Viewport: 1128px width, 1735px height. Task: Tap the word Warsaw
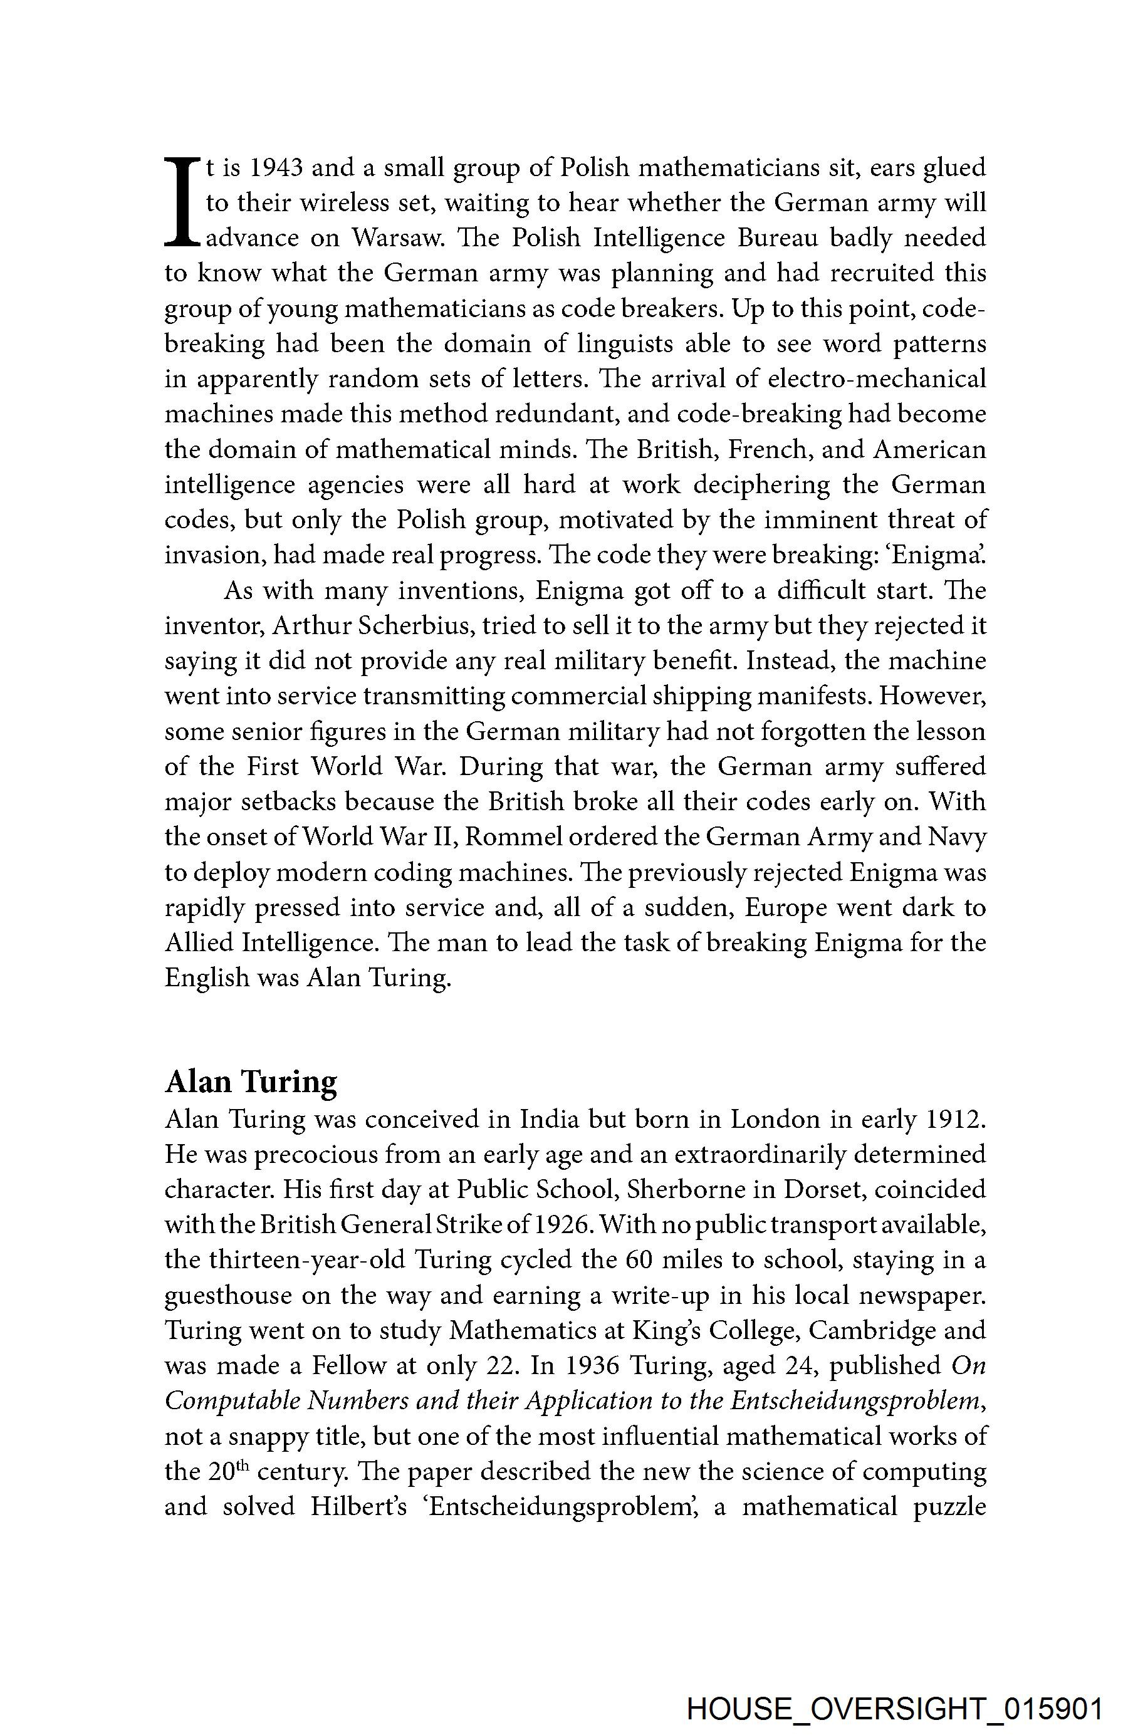(x=397, y=238)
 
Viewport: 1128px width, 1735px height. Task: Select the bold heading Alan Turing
(x=251, y=1081)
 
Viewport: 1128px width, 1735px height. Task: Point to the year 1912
(x=954, y=1119)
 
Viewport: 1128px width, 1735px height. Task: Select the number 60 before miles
(x=642, y=1259)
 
